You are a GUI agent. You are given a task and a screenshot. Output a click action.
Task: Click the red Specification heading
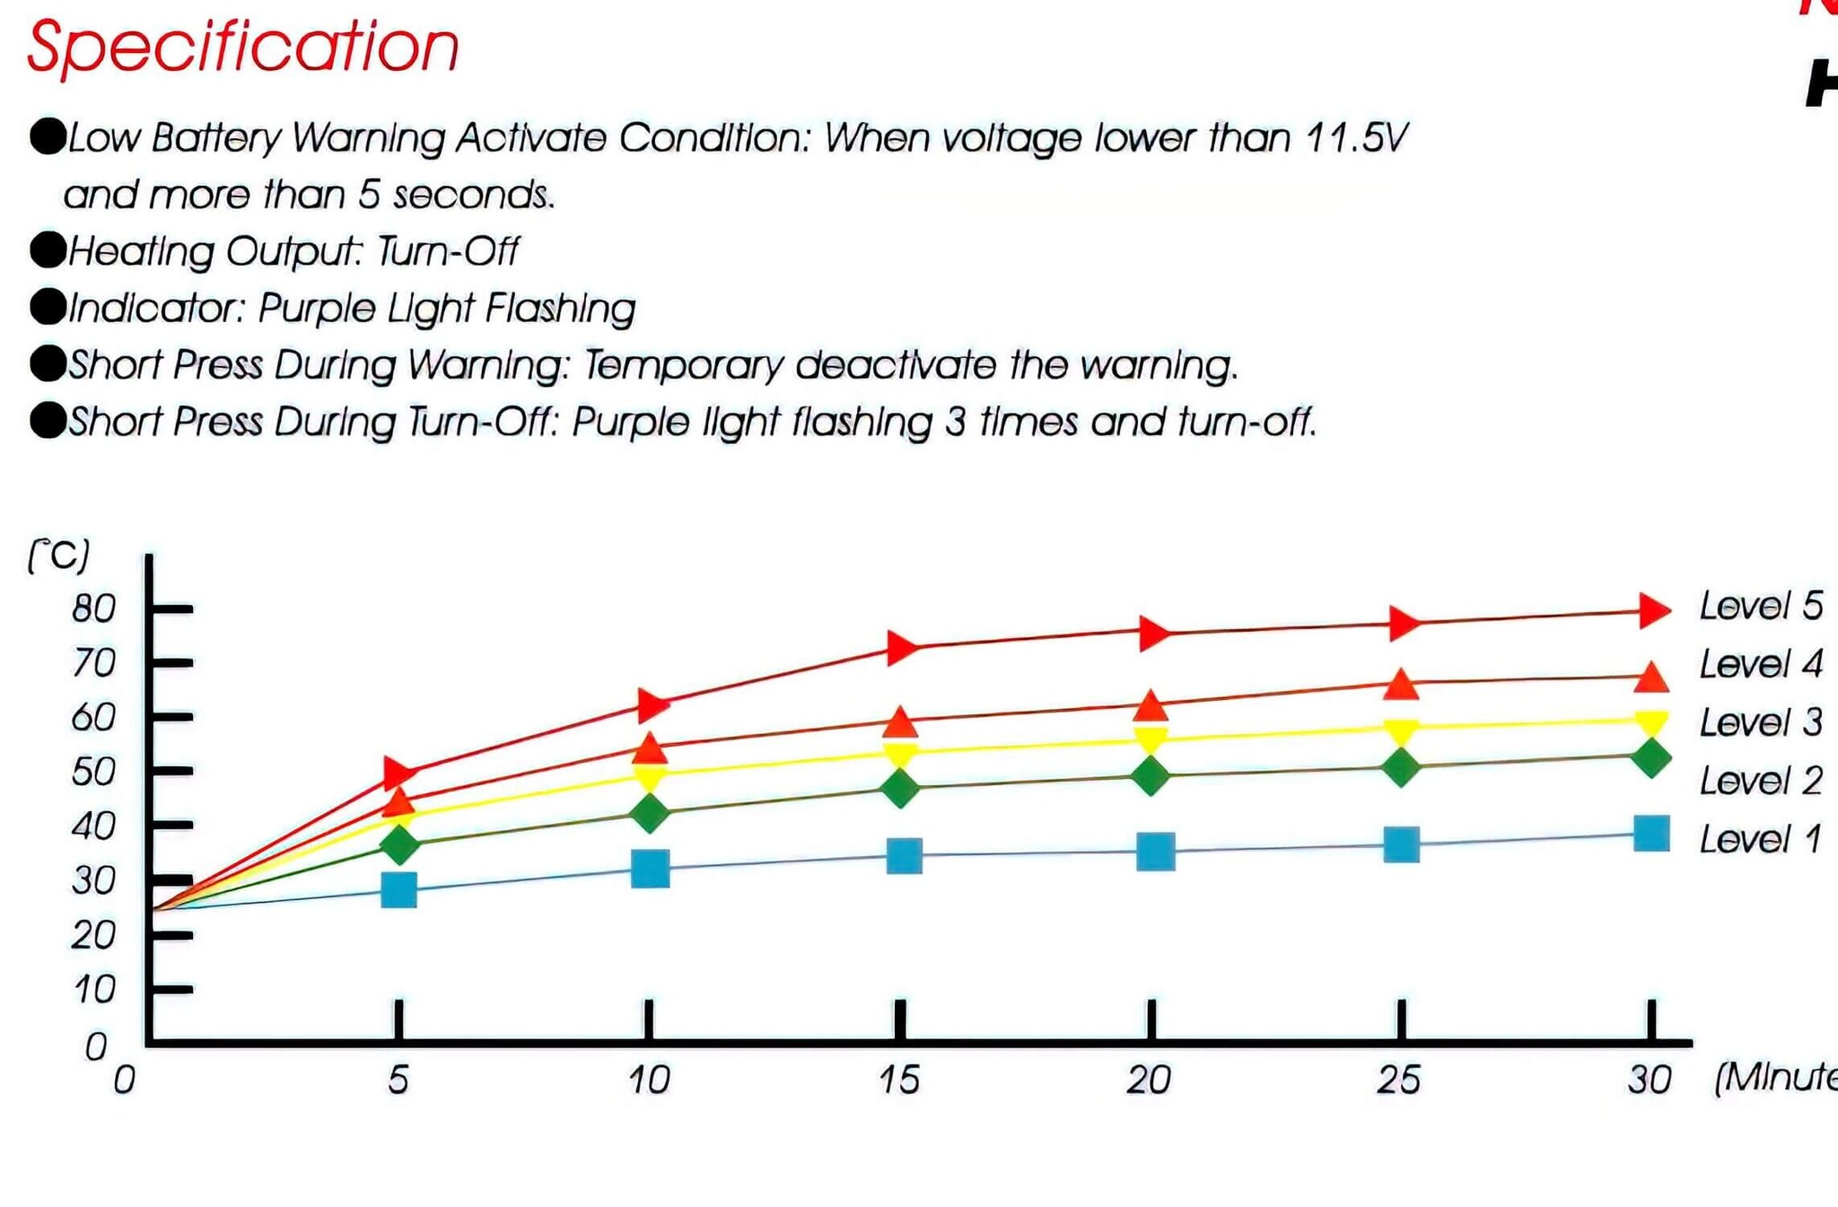coord(242,47)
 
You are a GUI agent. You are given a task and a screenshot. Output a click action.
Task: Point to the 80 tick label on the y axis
coord(94,609)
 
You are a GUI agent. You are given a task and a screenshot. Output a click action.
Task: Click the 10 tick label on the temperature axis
coord(94,990)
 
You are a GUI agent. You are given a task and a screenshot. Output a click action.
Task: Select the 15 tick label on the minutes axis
coord(899,1080)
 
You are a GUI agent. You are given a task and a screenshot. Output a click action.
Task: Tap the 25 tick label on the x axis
coord(1399,1080)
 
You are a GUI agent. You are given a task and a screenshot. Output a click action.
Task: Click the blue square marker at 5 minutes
coord(398,890)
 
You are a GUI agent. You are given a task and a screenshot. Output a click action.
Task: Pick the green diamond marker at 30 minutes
coord(1650,758)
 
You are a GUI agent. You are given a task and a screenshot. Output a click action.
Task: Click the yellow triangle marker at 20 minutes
coord(1151,739)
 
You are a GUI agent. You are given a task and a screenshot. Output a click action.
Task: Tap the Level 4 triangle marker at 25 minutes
coord(1401,685)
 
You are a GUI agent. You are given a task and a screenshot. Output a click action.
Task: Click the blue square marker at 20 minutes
coord(1155,852)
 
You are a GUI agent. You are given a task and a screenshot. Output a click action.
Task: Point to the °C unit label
coord(59,556)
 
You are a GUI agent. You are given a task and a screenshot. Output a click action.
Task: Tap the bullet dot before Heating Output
coord(48,250)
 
